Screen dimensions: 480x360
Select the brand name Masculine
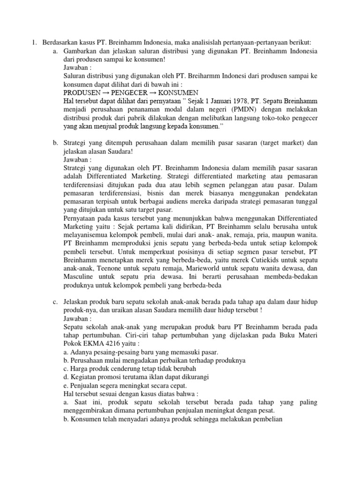(x=79, y=277)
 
